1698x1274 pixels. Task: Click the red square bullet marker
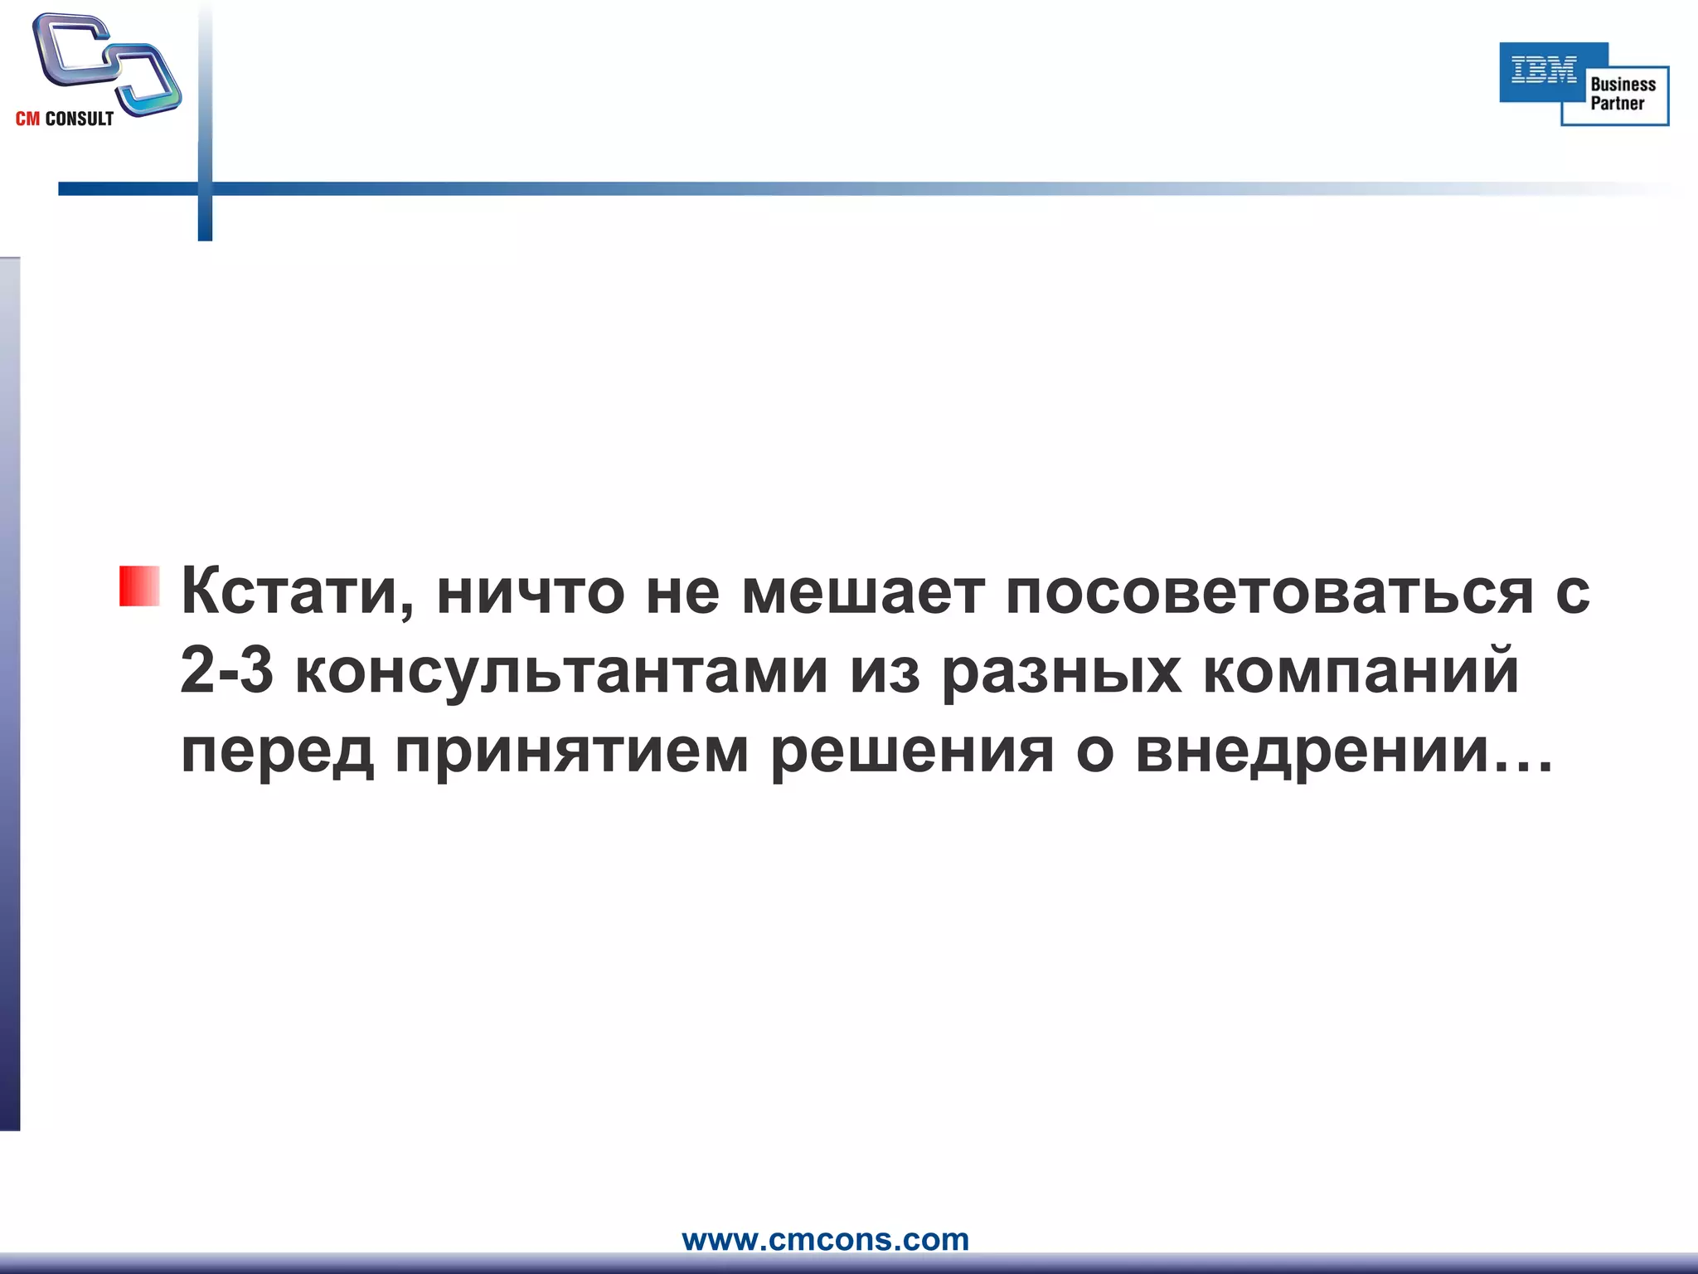tap(139, 586)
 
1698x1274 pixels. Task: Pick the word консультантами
tap(561, 672)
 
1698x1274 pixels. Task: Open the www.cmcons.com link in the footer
tap(825, 1239)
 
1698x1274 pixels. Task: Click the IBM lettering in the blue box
tap(1544, 71)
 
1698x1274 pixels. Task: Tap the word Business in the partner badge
tap(1623, 84)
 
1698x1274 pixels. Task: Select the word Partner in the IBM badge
tap(1617, 104)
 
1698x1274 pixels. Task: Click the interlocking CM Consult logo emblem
tap(106, 62)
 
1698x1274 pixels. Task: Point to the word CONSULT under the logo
tap(80, 119)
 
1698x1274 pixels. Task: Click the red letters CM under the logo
tap(27, 119)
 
